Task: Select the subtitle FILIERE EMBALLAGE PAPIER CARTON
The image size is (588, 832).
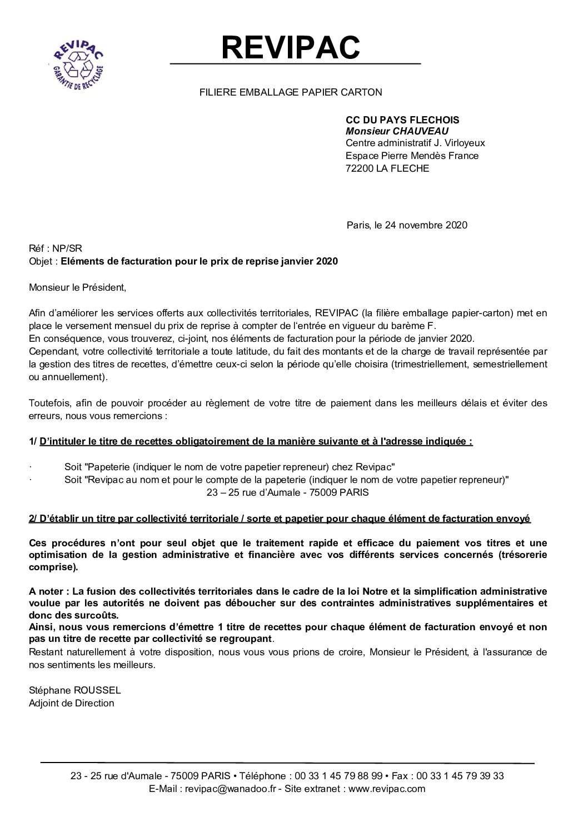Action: (291, 92)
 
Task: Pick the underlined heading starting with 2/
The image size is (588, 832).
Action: (280, 519)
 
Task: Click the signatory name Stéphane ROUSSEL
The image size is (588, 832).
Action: (74, 690)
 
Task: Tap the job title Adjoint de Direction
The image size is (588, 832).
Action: (71, 703)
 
